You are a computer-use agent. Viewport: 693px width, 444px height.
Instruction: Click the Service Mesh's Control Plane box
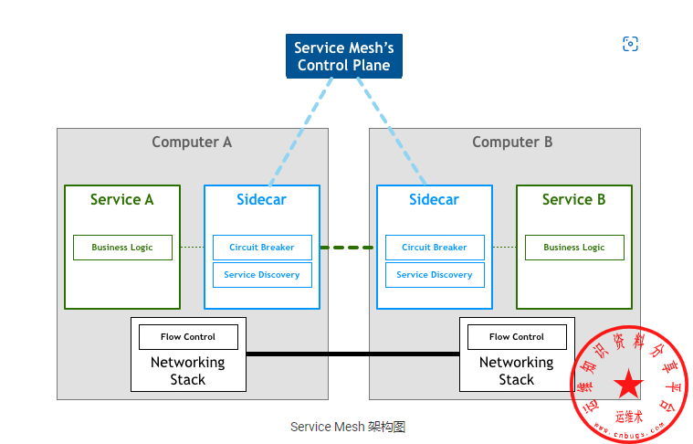pos(343,56)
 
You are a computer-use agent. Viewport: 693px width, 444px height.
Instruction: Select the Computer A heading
pos(192,143)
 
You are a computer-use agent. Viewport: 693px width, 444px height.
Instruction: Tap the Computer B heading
pos(512,143)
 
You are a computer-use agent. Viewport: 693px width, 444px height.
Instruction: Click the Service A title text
pos(121,200)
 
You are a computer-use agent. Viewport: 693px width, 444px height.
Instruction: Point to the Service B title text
pos(573,200)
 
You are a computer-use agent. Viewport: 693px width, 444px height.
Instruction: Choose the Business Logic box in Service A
pos(122,248)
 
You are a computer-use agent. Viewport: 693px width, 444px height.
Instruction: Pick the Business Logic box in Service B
pos(574,248)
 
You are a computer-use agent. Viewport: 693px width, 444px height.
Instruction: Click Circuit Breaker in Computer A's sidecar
pos(262,248)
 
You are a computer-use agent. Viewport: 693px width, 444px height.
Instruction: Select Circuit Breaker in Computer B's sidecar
pos(435,248)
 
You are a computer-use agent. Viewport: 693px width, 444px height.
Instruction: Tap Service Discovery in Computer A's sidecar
pos(262,275)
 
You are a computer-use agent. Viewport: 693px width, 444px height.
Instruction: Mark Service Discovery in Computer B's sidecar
pos(435,275)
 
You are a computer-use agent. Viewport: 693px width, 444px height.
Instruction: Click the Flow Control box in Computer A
pos(188,337)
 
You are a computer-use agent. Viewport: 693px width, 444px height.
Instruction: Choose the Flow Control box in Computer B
pos(517,337)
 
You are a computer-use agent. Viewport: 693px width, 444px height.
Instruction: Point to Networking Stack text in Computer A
pos(188,371)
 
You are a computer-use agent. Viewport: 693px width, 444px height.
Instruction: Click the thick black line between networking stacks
pos(352,354)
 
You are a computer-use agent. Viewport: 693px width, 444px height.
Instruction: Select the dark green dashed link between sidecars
pos(348,248)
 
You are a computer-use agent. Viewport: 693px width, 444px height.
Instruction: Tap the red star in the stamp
pos(628,385)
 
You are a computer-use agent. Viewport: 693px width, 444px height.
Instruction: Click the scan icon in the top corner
pos(630,44)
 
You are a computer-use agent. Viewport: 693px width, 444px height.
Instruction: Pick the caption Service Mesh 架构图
pos(347,427)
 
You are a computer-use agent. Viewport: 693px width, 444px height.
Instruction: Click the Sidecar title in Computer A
pos(261,200)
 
